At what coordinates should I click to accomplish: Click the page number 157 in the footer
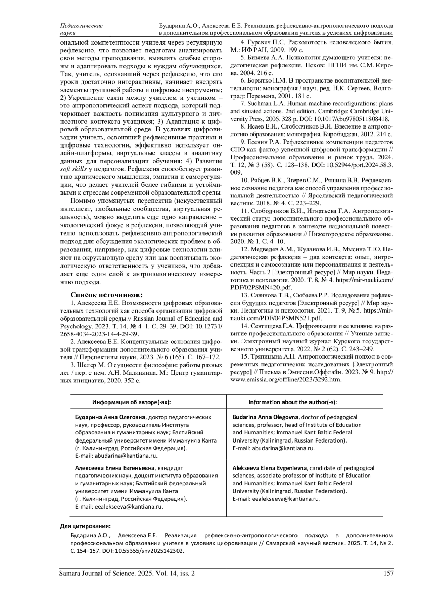point(388,574)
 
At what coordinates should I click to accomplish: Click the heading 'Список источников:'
point(107,295)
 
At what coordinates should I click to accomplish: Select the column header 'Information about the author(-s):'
point(293,402)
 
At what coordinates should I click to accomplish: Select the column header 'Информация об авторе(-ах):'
point(132,402)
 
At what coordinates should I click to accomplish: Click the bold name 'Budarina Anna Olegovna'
point(265,417)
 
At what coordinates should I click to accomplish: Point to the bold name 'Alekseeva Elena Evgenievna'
point(269,468)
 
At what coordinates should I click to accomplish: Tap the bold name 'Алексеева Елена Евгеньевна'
point(115,468)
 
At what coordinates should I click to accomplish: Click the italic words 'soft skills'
point(74,169)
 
